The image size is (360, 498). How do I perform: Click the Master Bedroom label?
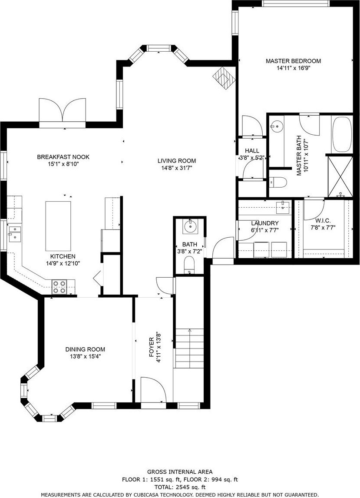pyautogui.click(x=293, y=61)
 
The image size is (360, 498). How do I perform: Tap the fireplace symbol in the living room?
pyautogui.click(x=224, y=78)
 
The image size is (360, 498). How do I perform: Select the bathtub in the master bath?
pyautogui.click(x=342, y=134)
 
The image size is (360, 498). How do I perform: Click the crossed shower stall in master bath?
pyautogui.click(x=340, y=176)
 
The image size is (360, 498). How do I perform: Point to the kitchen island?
pyautogui.click(x=58, y=226)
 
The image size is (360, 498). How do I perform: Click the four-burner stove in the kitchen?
pyautogui.click(x=59, y=287)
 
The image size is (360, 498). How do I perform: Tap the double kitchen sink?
pyautogui.click(x=15, y=234)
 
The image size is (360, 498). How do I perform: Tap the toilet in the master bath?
pyautogui.click(x=278, y=183)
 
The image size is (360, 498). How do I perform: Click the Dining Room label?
pyautogui.click(x=85, y=349)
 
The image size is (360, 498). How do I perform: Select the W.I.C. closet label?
pyautogui.click(x=323, y=220)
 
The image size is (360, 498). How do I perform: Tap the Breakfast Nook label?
pyautogui.click(x=63, y=157)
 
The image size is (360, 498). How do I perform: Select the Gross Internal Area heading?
pyautogui.click(x=180, y=472)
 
